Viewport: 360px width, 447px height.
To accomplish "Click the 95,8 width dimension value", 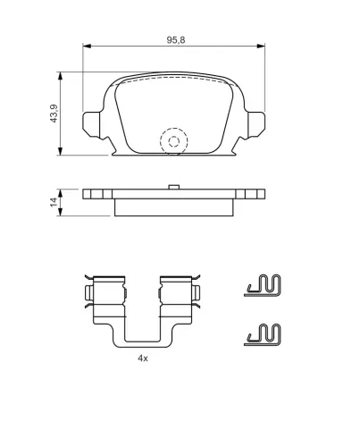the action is tap(176, 40).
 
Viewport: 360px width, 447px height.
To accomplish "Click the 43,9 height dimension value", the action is tap(54, 114).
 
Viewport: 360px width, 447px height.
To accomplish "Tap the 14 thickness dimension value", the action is tap(54, 202).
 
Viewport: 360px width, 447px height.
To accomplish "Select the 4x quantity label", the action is tap(143, 358).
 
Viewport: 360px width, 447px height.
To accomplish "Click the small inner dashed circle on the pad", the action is tap(174, 141).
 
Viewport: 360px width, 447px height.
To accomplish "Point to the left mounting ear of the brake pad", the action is tap(92, 125).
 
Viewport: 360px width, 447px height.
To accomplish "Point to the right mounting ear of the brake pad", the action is tap(255, 125).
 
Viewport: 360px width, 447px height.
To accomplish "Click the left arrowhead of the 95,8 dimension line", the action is tap(87, 46).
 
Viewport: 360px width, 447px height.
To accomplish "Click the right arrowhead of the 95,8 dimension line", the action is tap(261, 46).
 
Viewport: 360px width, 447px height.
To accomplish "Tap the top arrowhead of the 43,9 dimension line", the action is tap(61, 76).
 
